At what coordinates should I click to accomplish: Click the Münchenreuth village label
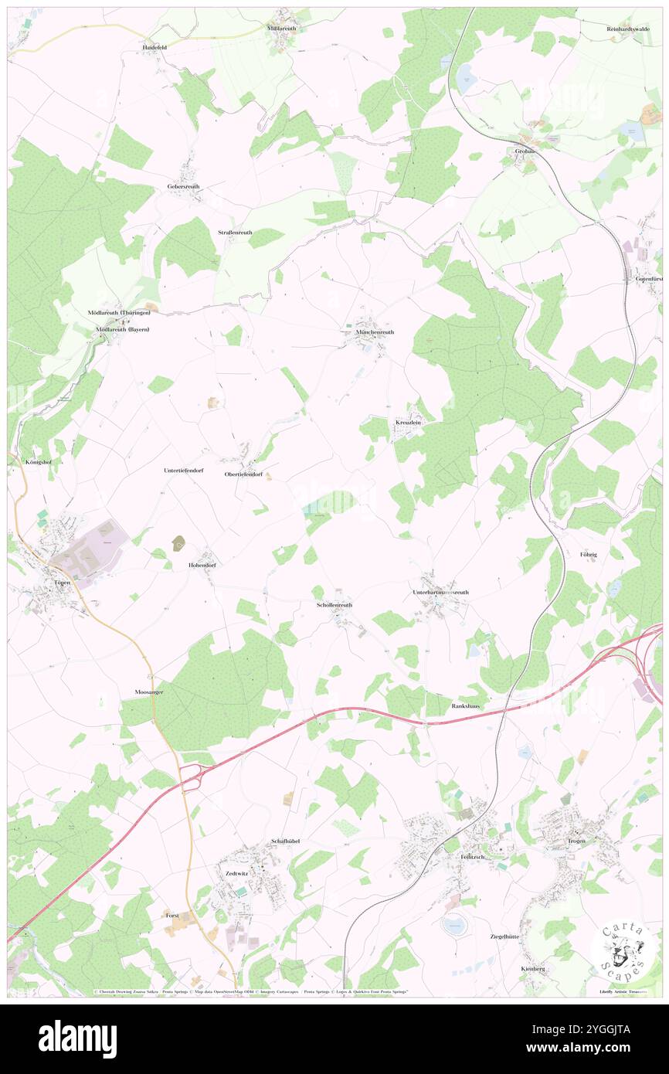click(374, 331)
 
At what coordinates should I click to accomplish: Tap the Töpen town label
click(63, 582)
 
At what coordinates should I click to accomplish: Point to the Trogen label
click(576, 841)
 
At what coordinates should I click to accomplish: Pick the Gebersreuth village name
click(185, 187)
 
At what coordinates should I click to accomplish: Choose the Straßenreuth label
click(235, 232)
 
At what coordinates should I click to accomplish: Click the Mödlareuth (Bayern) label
click(122, 330)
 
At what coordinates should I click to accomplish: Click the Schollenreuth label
click(334, 604)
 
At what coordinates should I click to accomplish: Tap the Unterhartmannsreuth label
click(440, 592)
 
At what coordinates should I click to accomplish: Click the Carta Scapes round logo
click(620, 949)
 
